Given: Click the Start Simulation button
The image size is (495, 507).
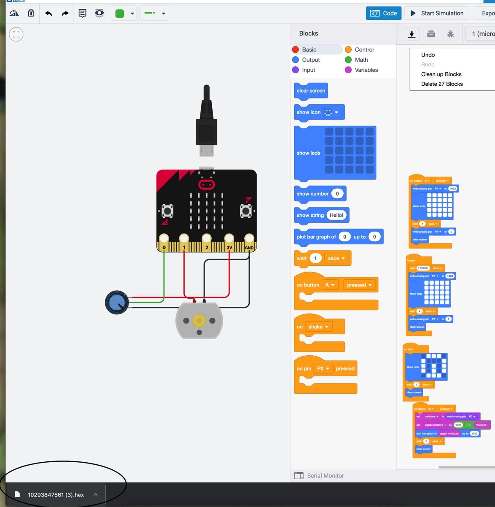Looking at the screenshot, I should [x=437, y=13].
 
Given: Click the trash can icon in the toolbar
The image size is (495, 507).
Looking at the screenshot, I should [x=31, y=13].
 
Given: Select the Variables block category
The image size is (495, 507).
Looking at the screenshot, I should [x=366, y=70].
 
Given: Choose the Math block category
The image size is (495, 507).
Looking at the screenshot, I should [x=361, y=60].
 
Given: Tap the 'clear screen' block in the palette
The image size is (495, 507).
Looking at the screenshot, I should [x=311, y=91].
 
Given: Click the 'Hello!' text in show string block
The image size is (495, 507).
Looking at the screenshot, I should [x=336, y=215].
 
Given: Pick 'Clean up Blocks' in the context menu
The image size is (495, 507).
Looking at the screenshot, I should [x=441, y=74].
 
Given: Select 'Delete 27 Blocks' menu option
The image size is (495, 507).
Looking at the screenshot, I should [x=442, y=84].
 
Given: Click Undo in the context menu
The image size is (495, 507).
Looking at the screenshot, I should [x=428, y=55].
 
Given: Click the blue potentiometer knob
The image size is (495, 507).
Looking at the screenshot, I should [x=117, y=302].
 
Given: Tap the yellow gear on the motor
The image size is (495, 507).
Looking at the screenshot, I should [x=199, y=321].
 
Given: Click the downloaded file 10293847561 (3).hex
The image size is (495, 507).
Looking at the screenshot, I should [x=56, y=495].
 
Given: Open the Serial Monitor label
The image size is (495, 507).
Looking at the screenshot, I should [x=325, y=476].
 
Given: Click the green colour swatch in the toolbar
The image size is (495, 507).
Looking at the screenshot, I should [x=120, y=14].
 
